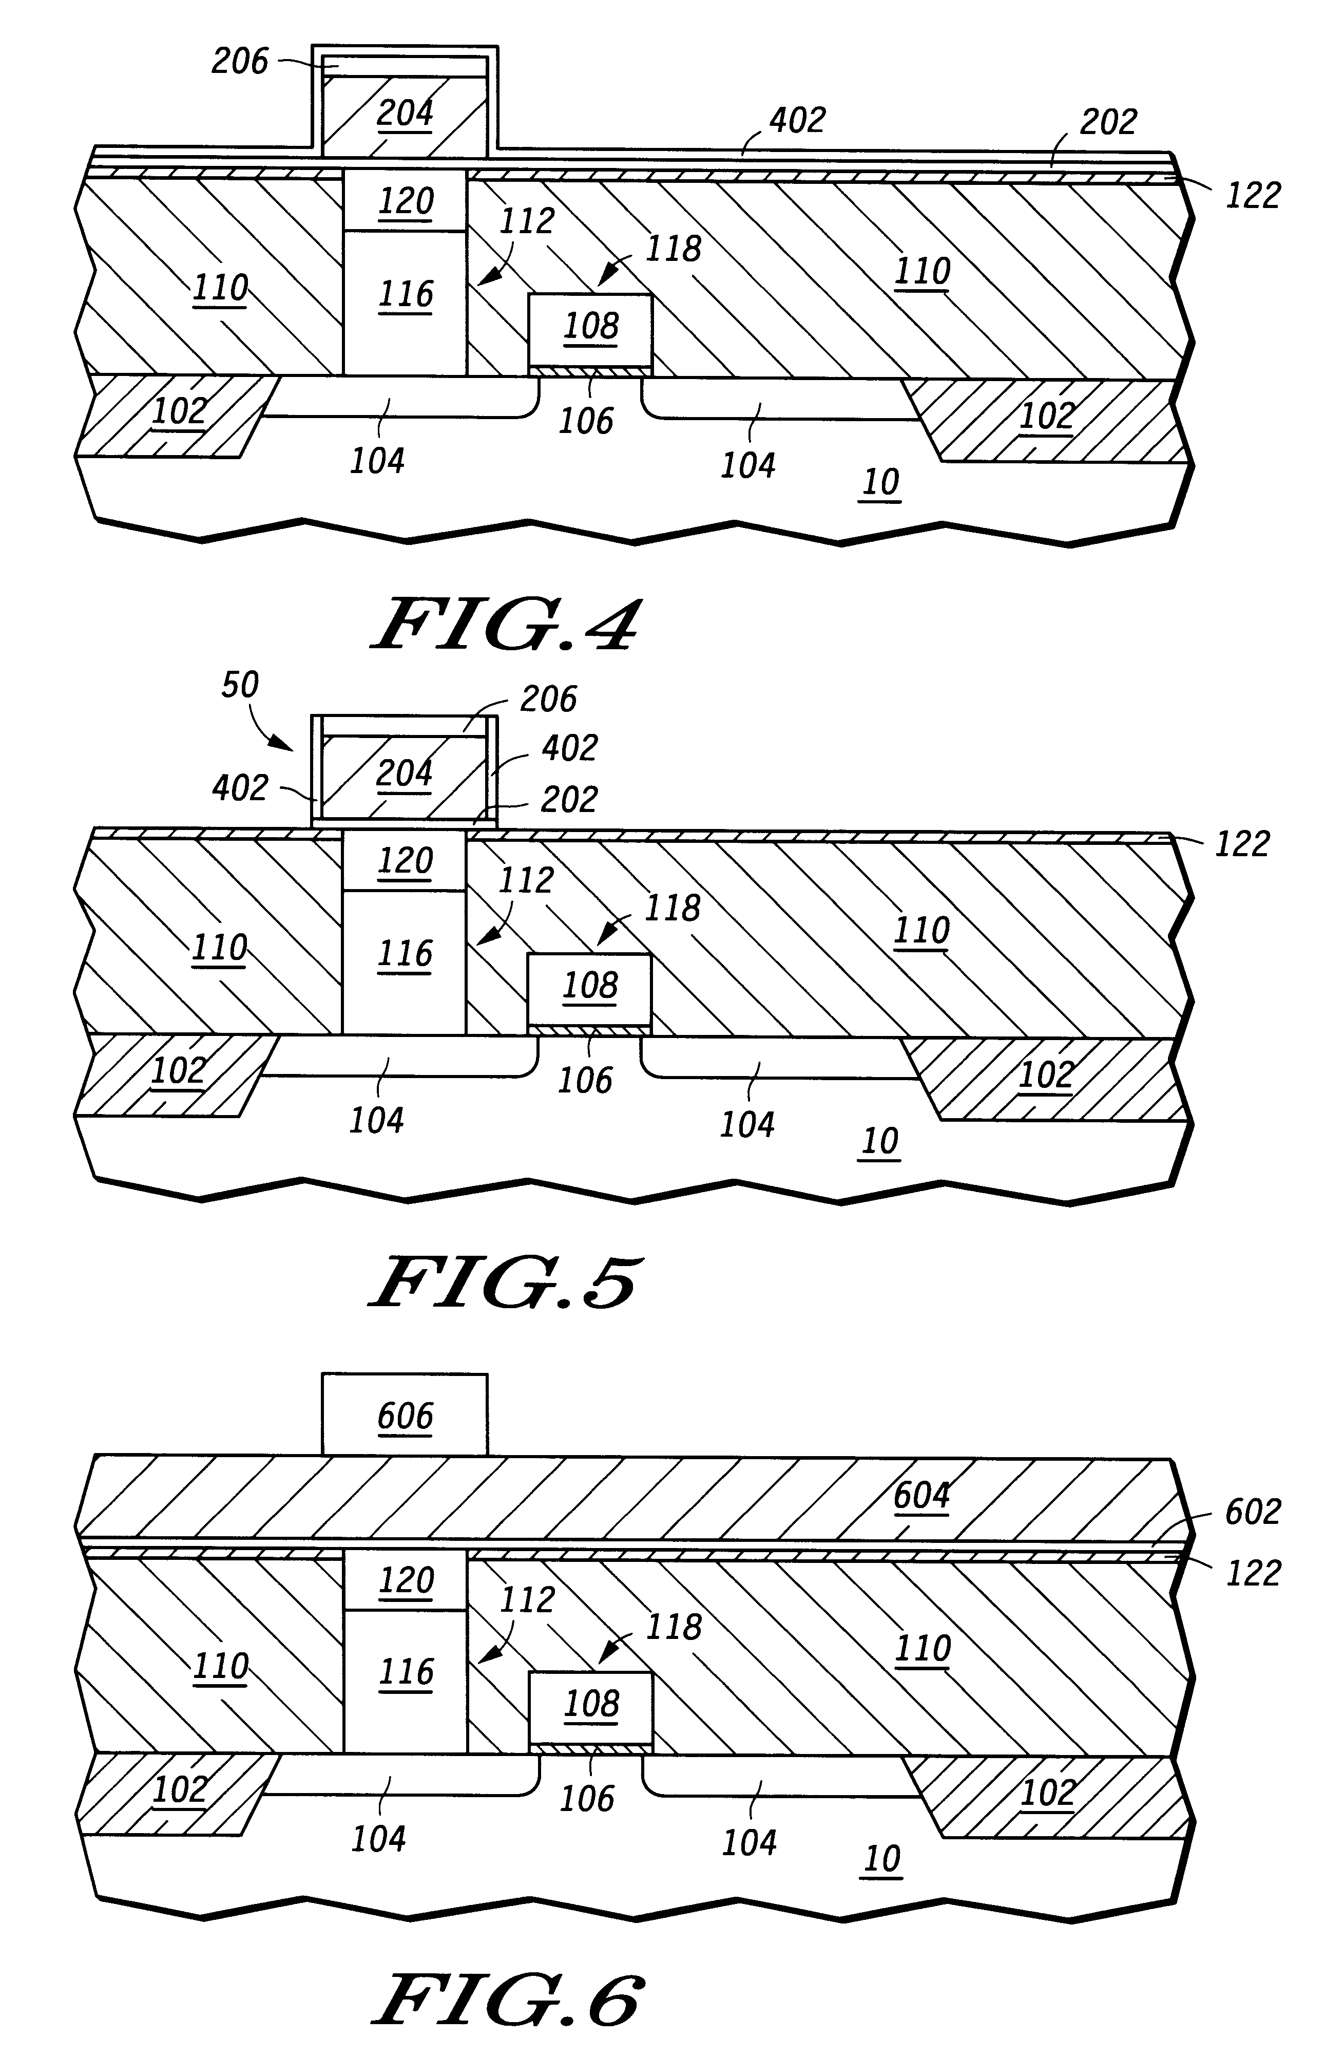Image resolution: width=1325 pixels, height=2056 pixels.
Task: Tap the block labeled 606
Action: tap(405, 1416)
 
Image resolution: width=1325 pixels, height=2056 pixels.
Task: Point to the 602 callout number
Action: tap(1253, 1511)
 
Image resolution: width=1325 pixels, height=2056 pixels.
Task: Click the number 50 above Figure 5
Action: tap(240, 685)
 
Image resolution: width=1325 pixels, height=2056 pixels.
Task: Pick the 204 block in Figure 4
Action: tap(405, 113)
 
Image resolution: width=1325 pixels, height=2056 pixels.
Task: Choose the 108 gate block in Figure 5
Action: tap(590, 985)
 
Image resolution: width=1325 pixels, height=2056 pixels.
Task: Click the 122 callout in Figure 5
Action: tap(1241, 844)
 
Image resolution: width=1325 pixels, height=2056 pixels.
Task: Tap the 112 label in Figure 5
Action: tap(526, 880)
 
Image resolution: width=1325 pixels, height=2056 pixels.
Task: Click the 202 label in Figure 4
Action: tap(1108, 122)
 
